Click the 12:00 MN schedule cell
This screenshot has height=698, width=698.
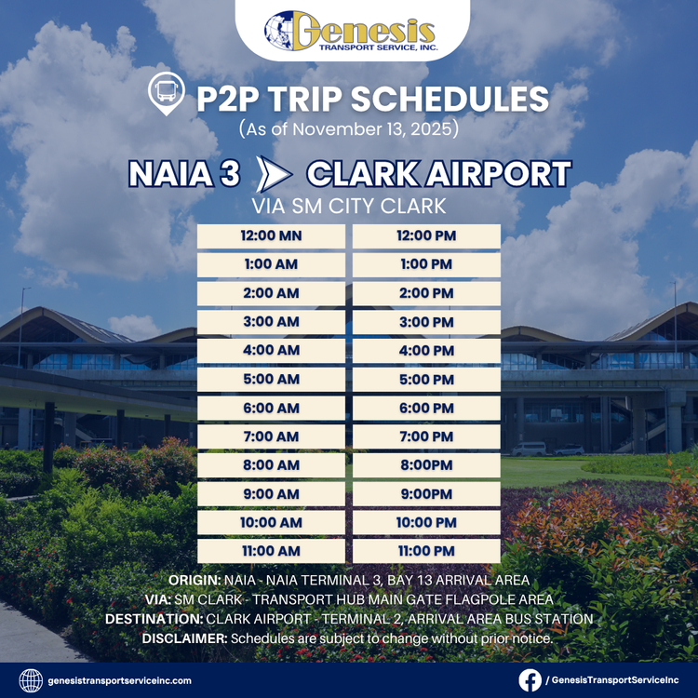(271, 235)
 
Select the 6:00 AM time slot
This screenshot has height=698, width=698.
(271, 408)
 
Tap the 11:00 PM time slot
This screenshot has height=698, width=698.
(426, 551)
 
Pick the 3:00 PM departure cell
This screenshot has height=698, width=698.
(426, 321)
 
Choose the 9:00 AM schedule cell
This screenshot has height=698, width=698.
(271, 493)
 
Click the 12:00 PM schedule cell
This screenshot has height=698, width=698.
(426, 235)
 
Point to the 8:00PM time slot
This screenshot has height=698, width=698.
(426, 464)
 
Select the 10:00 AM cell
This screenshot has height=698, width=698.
(271, 522)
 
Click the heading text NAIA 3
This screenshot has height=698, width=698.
(184, 174)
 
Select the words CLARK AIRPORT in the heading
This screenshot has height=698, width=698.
(437, 174)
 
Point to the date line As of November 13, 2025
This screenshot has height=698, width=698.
(349, 128)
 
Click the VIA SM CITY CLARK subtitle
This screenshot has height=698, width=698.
(349, 206)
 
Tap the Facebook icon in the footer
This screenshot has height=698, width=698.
(530, 680)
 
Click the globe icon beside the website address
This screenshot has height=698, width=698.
(31, 680)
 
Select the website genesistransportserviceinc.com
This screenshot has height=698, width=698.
(120, 680)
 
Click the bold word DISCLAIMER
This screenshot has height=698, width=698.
(183, 638)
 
